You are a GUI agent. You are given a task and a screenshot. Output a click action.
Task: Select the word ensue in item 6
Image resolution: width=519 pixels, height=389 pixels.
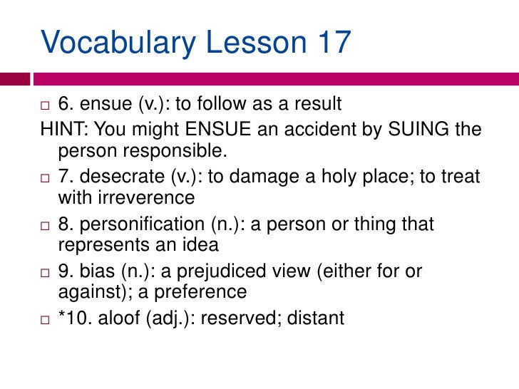click(x=103, y=105)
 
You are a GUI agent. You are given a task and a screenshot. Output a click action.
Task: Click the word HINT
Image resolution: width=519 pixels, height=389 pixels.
click(x=64, y=130)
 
